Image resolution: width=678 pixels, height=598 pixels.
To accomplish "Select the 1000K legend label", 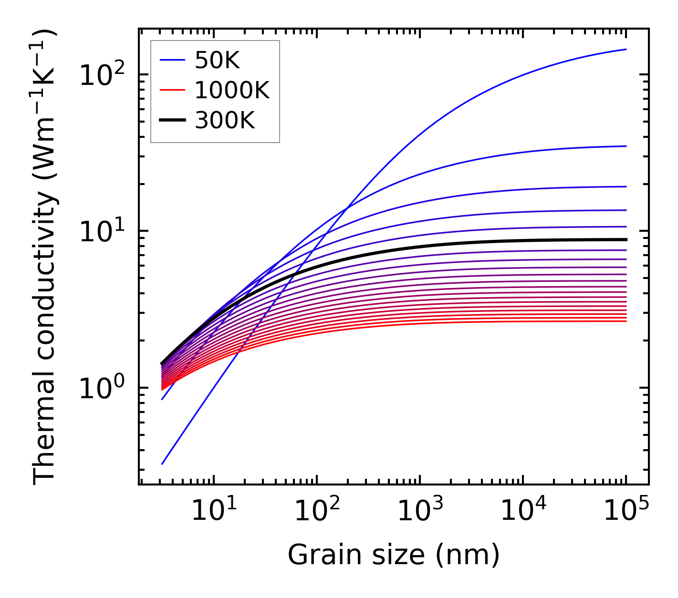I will point(232,90).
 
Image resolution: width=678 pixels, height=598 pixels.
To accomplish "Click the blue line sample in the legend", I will point(172,60).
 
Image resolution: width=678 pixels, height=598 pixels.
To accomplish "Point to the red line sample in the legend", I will point(172,90).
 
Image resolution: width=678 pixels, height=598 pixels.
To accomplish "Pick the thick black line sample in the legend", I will point(172,121).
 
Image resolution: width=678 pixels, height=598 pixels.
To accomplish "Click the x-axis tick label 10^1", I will point(213,512).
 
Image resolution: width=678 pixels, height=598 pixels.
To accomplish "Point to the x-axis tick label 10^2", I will point(316,512).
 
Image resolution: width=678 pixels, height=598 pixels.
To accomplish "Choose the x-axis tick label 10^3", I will point(419,512).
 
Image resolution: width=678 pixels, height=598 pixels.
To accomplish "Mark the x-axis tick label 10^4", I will point(523,512).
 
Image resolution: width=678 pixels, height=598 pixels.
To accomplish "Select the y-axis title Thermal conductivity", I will point(45,257).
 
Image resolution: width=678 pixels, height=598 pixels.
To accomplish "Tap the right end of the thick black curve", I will point(626,239).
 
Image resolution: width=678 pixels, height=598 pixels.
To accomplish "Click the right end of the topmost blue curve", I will point(626,49).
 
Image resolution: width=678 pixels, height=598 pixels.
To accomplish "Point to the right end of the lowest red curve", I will point(626,321).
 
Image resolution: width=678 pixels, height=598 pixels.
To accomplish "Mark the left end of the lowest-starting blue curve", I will point(162,464).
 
